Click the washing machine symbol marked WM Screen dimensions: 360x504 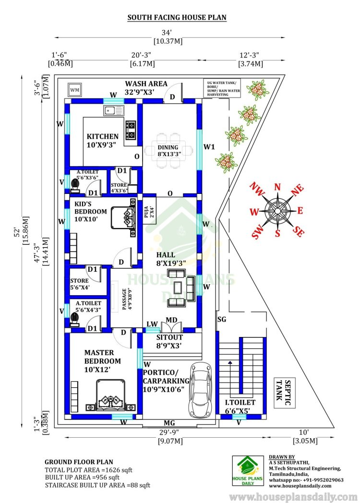(x=75, y=90)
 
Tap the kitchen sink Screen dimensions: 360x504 (x=114, y=110)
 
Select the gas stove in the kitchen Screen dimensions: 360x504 (x=130, y=130)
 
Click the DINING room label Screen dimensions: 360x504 (x=168, y=147)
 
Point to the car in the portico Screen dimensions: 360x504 (x=199, y=390)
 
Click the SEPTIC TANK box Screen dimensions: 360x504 (x=285, y=393)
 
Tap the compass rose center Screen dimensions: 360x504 (x=277, y=210)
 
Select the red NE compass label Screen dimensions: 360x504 (x=297, y=190)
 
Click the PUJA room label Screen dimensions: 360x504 (x=149, y=212)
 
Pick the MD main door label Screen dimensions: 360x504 (x=171, y=320)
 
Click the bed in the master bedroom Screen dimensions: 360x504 (x=111, y=395)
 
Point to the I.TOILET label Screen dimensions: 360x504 (x=240, y=402)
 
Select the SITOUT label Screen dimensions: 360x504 (x=169, y=337)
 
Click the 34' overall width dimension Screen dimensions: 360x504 (x=167, y=33)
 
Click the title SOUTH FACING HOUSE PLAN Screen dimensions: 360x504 (x=177, y=17)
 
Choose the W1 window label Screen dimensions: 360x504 (x=209, y=147)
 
